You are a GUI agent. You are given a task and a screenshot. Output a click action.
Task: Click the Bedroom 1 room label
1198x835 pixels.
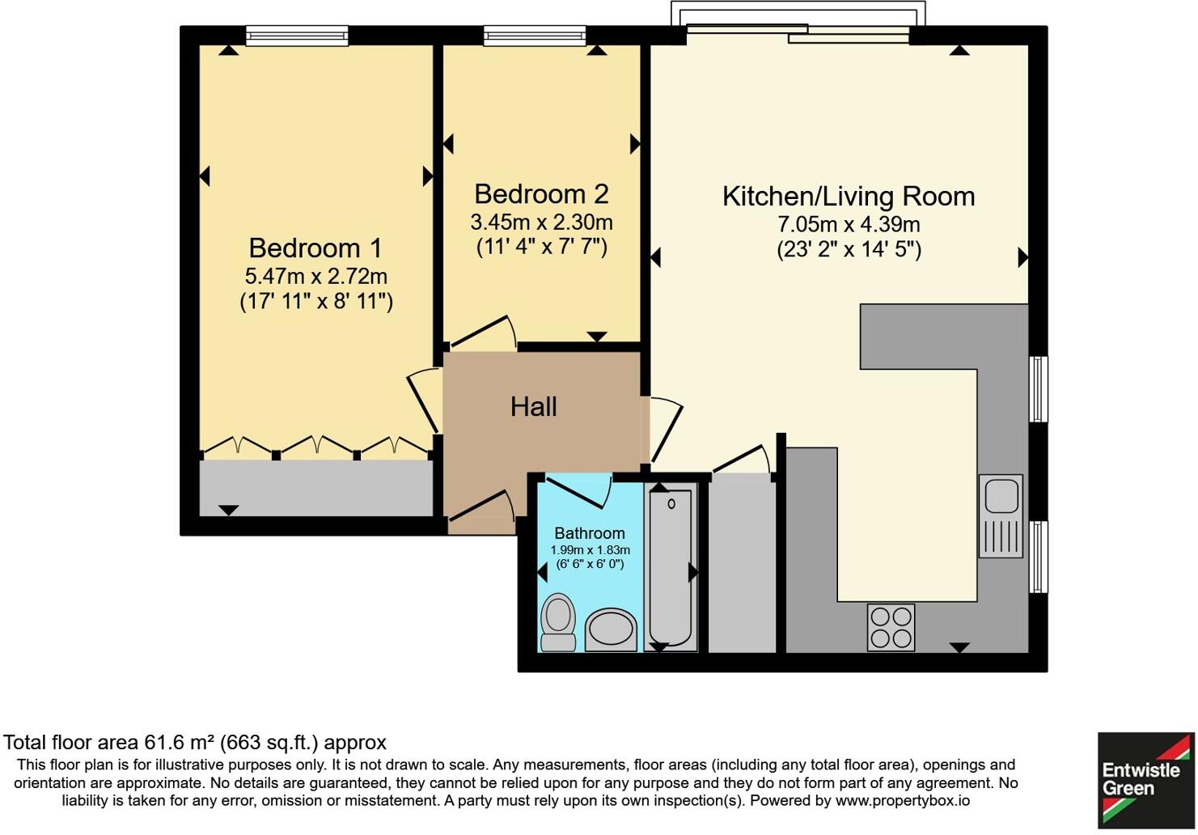point(315,248)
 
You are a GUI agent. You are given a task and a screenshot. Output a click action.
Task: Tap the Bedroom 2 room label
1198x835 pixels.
point(541,194)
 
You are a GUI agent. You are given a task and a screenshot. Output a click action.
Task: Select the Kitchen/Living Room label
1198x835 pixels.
point(848,197)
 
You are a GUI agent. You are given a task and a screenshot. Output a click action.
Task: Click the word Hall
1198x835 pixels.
point(533,406)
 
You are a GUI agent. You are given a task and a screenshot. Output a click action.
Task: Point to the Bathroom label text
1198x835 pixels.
point(589,533)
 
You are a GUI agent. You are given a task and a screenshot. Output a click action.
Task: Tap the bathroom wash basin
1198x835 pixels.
point(611,629)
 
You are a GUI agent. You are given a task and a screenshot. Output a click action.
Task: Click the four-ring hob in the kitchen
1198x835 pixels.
point(891,627)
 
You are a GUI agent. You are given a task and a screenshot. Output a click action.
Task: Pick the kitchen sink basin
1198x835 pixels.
point(1001,495)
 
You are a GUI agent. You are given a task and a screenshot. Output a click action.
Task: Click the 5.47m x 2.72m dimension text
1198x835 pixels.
point(316,276)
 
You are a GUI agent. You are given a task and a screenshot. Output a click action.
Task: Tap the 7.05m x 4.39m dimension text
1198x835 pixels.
point(849,224)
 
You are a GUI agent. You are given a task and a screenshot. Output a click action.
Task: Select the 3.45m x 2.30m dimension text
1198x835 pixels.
point(541,222)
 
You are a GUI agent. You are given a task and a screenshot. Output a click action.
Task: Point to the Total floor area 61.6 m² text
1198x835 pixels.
point(194,742)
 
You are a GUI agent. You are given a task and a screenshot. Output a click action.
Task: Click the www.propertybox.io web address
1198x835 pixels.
point(903,801)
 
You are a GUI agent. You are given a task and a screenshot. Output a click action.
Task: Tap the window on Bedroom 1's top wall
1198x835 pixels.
point(297,36)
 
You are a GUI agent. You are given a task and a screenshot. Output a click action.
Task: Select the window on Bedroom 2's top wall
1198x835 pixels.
point(535,36)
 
